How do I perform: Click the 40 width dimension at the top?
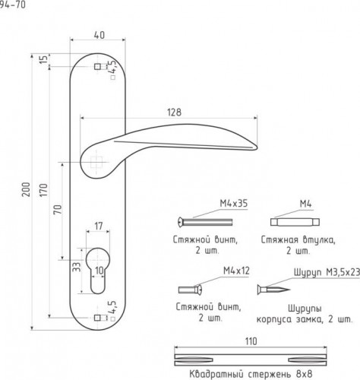(x=99, y=35)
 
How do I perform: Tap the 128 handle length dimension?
(x=174, y=112)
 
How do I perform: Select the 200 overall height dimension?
(x=26, y=189)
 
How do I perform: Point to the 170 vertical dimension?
(x=43, y=190)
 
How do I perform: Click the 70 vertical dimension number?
(x=58, y=210)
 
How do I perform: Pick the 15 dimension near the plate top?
(x=44, y=59)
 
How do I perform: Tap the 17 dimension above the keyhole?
(x=99, y=226)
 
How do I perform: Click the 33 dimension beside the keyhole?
(x=77, y=267)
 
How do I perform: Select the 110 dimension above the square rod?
(x=251, y=341)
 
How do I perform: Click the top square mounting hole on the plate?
(x=97, y=67)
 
